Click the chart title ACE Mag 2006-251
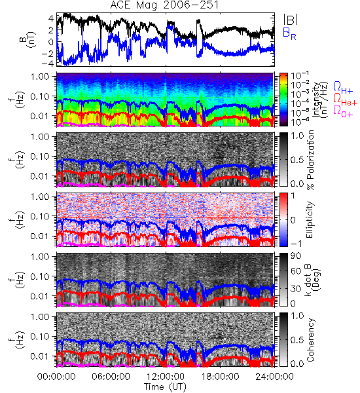tap(164, 5)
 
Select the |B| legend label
tap(291, 20)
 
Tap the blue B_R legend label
tap(289, 33)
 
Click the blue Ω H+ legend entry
tap(343, 88)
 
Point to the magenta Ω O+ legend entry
tap(343, 111)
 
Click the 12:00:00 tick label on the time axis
tap(166, 377)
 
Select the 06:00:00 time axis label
tap(111, 377)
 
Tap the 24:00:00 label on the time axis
tap(274, 377)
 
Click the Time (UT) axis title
tap(166, 386)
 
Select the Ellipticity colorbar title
tap(310, 219)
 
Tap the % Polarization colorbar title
tap(310, 160)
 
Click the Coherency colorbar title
tap(310, 340)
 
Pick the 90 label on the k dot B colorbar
tap(295, 256)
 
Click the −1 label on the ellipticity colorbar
tap(296, 243)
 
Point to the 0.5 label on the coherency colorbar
tap(297, 340)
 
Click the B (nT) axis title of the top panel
tap(27, 39)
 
